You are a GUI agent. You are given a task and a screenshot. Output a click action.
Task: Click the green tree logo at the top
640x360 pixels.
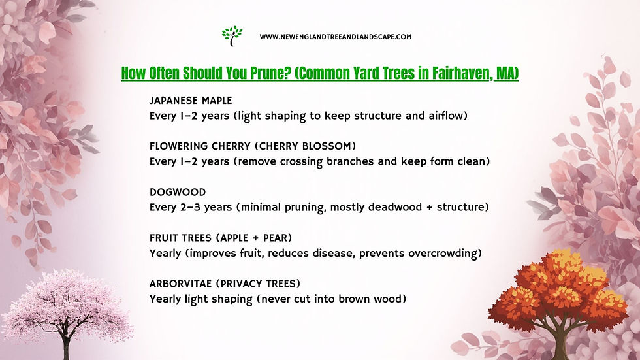click(231, 35)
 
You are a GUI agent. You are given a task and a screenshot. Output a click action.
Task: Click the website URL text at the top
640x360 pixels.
click(335, 37)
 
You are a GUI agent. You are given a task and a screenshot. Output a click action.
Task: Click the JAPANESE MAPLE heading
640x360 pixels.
click(190, 101)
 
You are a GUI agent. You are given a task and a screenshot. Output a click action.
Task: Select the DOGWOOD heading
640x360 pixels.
click(177, 192)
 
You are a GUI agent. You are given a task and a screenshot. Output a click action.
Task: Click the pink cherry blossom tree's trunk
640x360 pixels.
click(65, 342)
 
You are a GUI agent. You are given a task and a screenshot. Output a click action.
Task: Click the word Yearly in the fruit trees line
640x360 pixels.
click(166, 253)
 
